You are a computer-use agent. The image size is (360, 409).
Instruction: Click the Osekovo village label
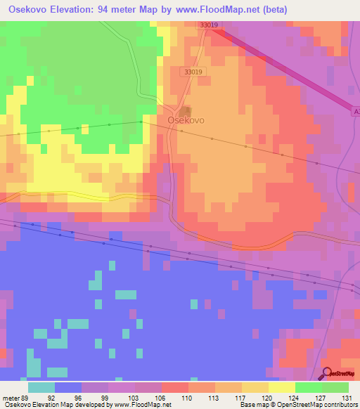[186, 120]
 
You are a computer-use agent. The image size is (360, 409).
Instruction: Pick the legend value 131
[345, 397]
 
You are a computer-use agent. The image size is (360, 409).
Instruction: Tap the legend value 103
[131, 397]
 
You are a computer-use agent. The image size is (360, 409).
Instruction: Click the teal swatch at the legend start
[41, 387]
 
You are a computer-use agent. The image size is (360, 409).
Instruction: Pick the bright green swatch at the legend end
[335, 387]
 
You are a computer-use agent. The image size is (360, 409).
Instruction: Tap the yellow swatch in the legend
[281, 387]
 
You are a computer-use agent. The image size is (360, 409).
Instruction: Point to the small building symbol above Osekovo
[186, 110]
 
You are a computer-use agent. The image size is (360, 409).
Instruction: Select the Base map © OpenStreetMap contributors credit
[296, 405]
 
